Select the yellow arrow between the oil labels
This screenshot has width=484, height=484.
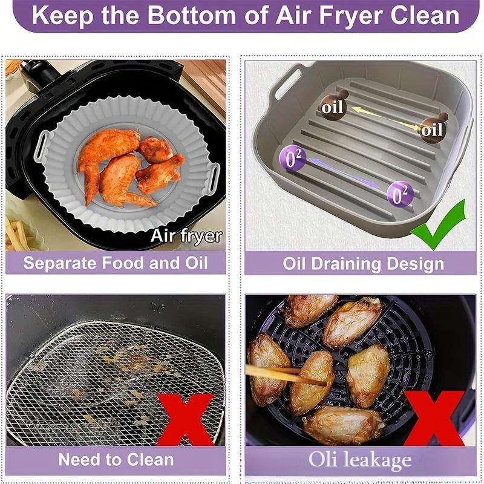click(382, 118)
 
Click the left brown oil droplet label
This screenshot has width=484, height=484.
click(332, 106)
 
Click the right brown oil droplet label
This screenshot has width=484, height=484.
click(430, 128)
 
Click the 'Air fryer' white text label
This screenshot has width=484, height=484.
click(186, 235)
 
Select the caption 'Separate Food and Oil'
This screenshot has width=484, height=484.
click(116, 263)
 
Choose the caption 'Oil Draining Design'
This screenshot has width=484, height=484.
click(363, 264)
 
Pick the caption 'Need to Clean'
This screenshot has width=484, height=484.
click(116, 459)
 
